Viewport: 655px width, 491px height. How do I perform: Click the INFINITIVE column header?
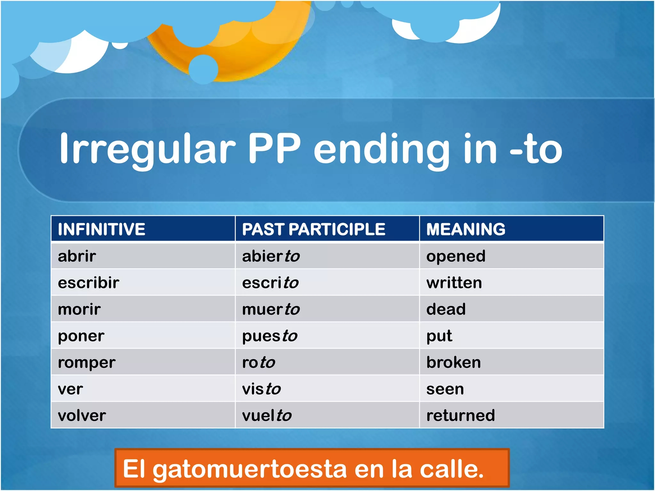(x=101, y=229)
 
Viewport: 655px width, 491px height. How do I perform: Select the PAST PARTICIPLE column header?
(x=313, y=229)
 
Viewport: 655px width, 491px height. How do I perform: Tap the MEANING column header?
(x=466, y=229)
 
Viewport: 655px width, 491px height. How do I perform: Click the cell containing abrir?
(x=77, y=256)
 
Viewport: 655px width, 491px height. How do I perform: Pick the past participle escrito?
(x=270, y=283)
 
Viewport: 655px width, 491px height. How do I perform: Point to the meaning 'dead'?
(x=446, y=309)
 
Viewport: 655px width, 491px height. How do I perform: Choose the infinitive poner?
(x=81, y=336)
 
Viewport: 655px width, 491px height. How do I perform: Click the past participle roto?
(x=258, y=362)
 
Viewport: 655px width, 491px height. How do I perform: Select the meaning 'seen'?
(x=445, y=389)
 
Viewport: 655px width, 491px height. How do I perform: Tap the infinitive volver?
(x=82, y=416)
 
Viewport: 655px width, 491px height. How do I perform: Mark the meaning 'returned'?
(x=461, y=416)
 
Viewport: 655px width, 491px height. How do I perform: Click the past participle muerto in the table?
(x=271, y=309)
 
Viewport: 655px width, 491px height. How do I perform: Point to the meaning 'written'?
(x=454, y=283)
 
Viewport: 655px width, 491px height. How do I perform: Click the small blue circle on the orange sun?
(x=203, y=69)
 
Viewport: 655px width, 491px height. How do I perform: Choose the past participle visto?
(x=261, y=389)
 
